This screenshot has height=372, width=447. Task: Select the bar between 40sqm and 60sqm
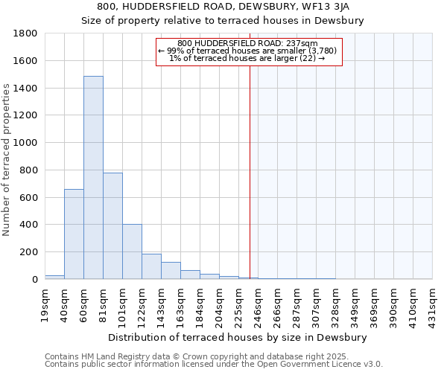(74, 234)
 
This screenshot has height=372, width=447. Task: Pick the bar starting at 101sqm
(132, 251)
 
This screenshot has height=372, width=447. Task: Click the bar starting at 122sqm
(151, 266)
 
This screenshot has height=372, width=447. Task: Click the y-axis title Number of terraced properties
(7, 160)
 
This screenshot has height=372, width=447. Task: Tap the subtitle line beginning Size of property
(223, 21)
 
